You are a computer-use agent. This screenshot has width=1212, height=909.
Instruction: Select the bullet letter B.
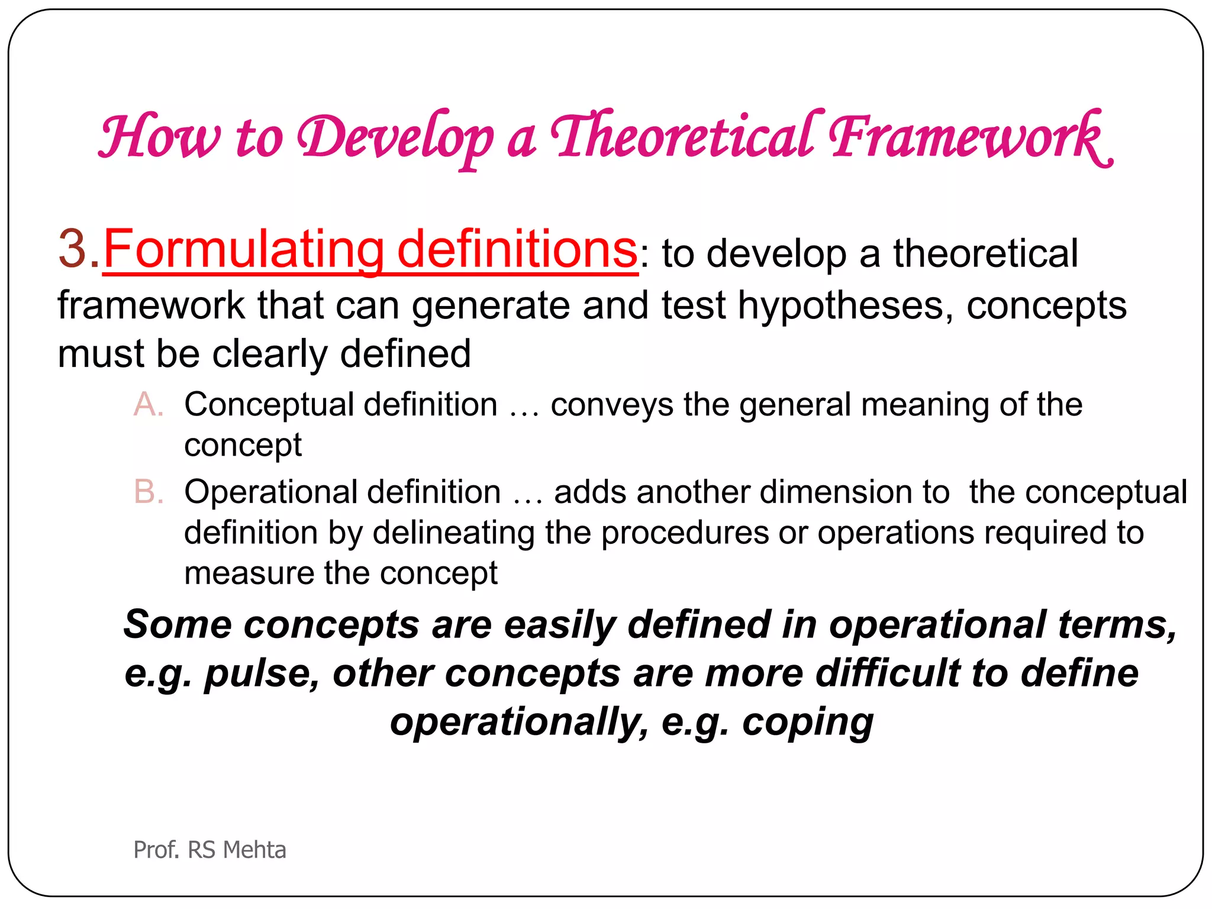pyautogui.click(x=147, y=492)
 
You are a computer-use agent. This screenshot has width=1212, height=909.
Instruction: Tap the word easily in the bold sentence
pyautogui.click(x=559, y=626)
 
